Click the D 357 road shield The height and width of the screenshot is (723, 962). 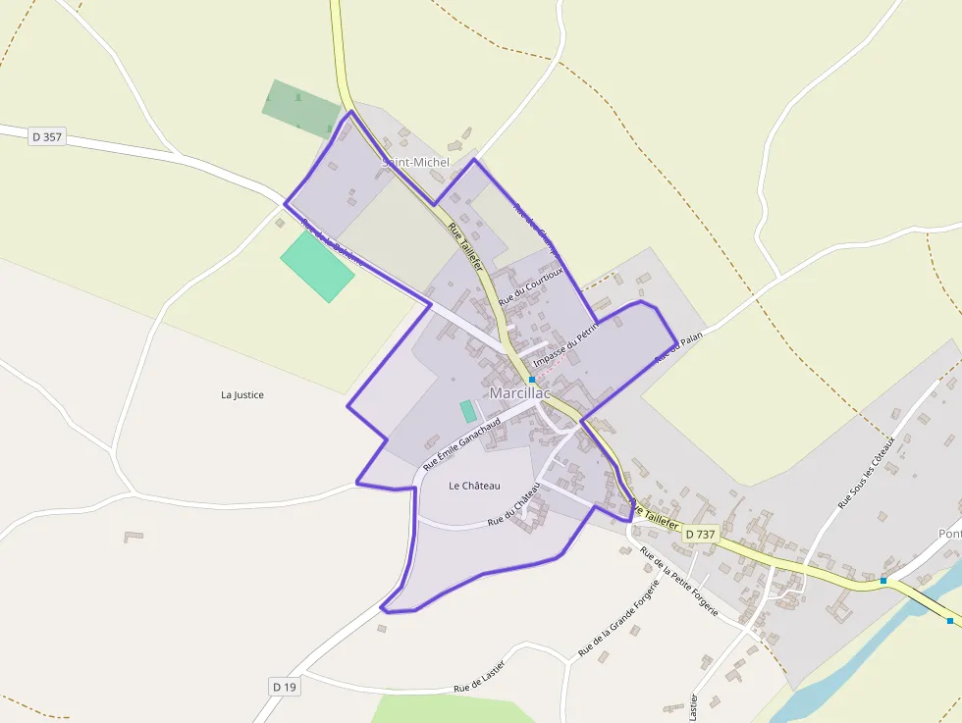pos(47,137)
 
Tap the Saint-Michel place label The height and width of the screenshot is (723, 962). pos(415,162)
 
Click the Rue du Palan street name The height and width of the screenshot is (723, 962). pos(680,347)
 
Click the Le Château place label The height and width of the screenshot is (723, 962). pos(474,486)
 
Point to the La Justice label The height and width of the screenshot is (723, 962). pos(242,395)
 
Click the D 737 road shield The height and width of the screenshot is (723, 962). pos(700,534)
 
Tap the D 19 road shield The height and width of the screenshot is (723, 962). pos(284,687)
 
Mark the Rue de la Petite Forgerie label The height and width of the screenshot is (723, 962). pos(679,582)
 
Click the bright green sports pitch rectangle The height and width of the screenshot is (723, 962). pos(317,266)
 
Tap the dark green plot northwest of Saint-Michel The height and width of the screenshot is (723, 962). pos(301,108)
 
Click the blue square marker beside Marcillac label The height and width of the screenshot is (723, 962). pos(532,379)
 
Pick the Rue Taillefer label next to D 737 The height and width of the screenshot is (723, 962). pos(656,515)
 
